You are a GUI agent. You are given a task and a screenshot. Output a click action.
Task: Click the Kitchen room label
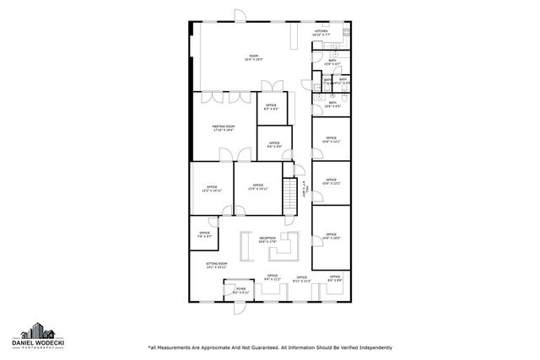tap(321, 34)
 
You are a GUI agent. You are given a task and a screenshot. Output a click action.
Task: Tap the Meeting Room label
tap(223, 128)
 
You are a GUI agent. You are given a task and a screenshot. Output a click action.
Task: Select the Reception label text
tap(268, 240)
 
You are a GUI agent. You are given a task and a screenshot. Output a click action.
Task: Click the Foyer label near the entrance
tap(240, 291)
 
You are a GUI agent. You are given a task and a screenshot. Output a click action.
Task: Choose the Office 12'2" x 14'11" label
tap(211, 189)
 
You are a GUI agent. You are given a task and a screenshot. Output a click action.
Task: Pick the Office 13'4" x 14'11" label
tap(257, 189)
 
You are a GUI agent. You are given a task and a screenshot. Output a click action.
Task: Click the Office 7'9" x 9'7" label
tap(204, 235)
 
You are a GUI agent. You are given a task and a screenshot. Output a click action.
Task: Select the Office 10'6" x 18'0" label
tap(332, 236)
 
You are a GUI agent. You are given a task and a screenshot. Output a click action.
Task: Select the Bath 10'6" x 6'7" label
tap(332, 105)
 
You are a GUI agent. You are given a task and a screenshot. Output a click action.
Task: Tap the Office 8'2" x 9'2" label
tap(272, 108)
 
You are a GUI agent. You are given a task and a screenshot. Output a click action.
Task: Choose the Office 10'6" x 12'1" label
tap(329, 141)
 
